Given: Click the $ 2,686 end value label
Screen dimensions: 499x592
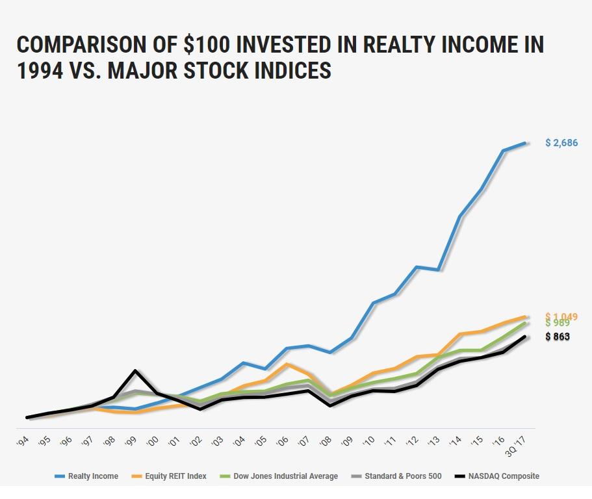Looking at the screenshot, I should [x=561, y=143].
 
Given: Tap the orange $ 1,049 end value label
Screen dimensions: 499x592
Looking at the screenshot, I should [x=561, y=316].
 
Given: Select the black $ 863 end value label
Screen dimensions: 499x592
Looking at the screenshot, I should [x=558, y=337].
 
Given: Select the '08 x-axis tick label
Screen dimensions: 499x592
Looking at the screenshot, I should [x=328, y=441].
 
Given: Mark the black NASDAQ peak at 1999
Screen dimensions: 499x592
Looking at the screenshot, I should [x=135, y=371].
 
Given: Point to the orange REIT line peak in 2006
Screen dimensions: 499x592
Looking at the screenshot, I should [x=287, y=364].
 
